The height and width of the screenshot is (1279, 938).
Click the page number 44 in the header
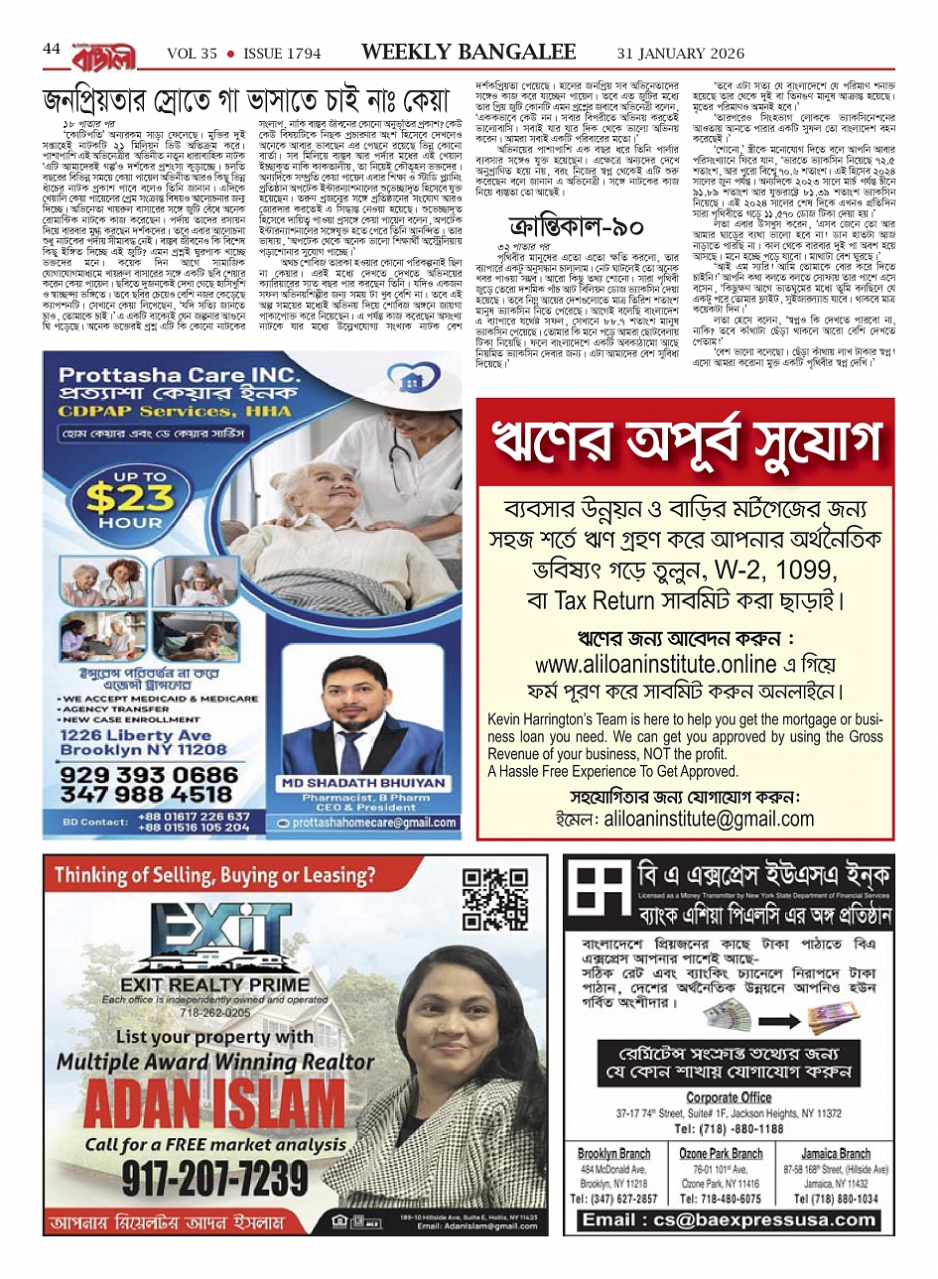52,50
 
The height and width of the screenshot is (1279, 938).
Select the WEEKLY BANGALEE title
469,53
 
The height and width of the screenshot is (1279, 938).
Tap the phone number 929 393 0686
149,775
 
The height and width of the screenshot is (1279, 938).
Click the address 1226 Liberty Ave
136,735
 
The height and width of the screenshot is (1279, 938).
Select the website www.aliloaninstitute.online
641,664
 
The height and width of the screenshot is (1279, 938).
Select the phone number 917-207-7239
215,1178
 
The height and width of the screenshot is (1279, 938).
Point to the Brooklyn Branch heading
613,1154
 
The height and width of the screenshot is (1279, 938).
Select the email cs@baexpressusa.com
729,1219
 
